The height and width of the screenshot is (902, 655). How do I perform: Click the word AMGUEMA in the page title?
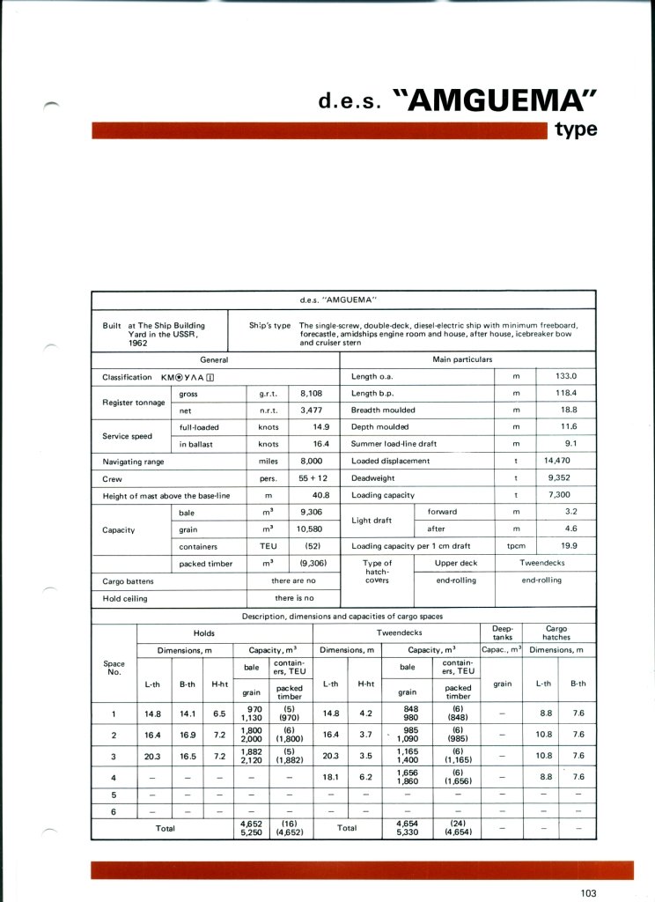pyautogui.click(x=501, y=101)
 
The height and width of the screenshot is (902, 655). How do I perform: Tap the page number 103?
pyautogui.click(x=589, y=893)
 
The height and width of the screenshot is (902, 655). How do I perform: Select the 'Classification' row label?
pyautogui.click(x=127, y=377)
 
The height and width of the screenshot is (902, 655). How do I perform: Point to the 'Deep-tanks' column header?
pyautogui.click(x=503, y=632)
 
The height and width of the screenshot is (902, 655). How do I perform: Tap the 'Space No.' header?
pyautogui.click(x=114, y=668)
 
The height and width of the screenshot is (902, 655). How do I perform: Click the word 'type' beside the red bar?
pyautogui.click(x=577, y=129)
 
